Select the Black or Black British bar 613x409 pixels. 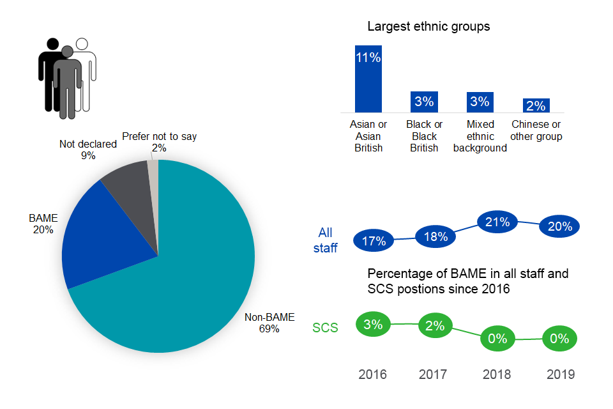pos(424,102)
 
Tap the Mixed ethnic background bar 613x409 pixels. pos(479,102)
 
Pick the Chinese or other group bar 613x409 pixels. pos(536,105)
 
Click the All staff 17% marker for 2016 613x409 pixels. pos(374,241)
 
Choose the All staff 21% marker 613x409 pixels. pos(497,222)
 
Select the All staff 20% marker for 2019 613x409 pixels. pos(559,226)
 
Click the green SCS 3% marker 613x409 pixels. pos(374,324)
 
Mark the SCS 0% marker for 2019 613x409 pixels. pos(559,339)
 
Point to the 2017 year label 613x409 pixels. pos(433,374)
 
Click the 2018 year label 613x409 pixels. pos(497,374)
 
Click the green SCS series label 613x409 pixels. pos(325,328)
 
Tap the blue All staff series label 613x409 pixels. pos(325,240)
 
